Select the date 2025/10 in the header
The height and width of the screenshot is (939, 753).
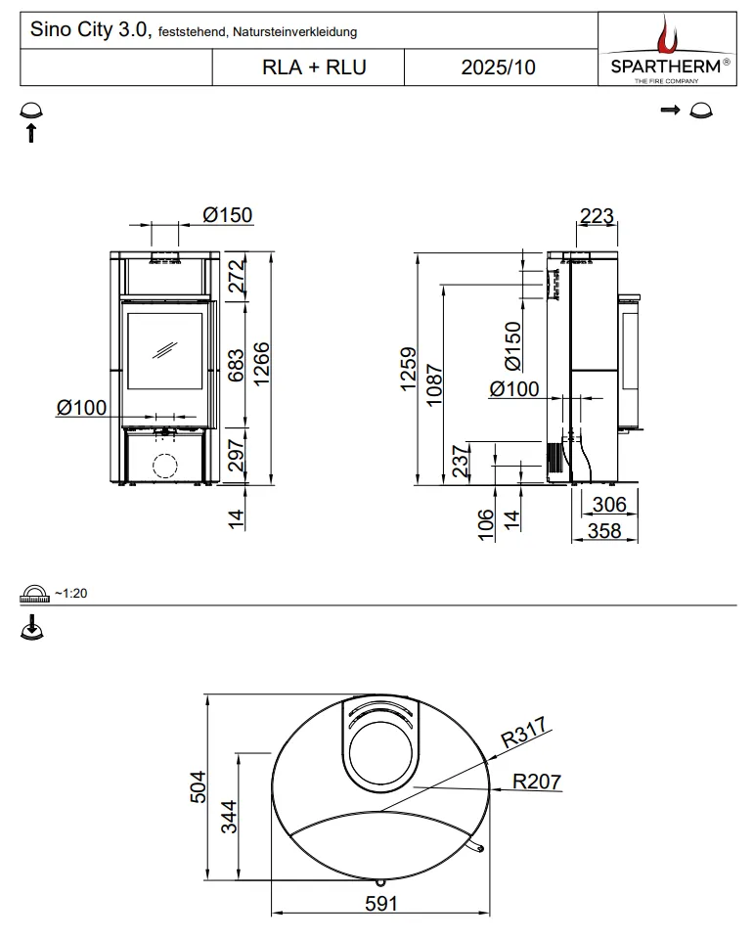tap(498, 67)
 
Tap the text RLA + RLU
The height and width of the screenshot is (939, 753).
tap(314, 67)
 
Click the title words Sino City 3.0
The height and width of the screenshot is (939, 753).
tap(89, 29)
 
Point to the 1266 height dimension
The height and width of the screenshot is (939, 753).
tap(261, 364)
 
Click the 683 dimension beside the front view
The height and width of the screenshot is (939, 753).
tap(236, 365)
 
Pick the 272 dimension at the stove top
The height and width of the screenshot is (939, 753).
tap(237, 276)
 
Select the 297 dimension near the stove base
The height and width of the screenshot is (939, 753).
tap(237, 455)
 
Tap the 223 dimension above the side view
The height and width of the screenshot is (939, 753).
tap(597, 215)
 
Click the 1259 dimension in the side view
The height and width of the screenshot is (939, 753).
tap(408, 369)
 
